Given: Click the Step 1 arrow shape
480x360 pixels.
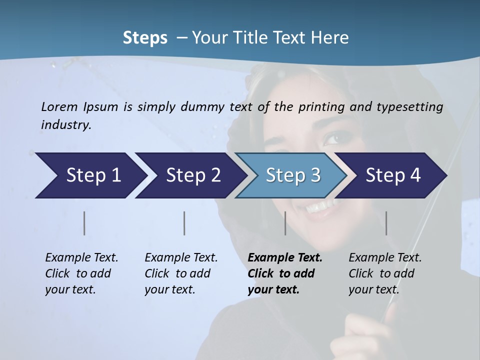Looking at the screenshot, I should coord(90,175).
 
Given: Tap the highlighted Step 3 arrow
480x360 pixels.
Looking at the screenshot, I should coord(292,175).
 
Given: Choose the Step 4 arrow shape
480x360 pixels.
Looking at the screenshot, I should coord(393,175).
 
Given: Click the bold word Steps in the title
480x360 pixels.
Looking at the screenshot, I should coord(145,37).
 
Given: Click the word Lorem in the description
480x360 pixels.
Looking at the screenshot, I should coord(59,107).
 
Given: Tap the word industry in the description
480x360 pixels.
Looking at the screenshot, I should coord(65,125).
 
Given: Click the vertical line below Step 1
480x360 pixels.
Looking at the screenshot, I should coord(84,223).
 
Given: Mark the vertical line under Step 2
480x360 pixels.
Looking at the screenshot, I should coord(184,223).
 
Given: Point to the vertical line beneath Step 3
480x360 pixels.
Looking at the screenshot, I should coord(285,223).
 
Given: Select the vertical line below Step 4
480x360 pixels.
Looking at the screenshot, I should coord(386,223).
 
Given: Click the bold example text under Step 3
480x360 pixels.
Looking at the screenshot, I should coord(284,273).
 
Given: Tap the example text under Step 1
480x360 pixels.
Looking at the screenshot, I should coord(81,273).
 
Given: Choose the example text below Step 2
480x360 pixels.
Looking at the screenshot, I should coord(181,273).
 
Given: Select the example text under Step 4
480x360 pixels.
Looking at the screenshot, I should coord(384,273).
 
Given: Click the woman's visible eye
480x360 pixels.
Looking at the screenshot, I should coord(333,137).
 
